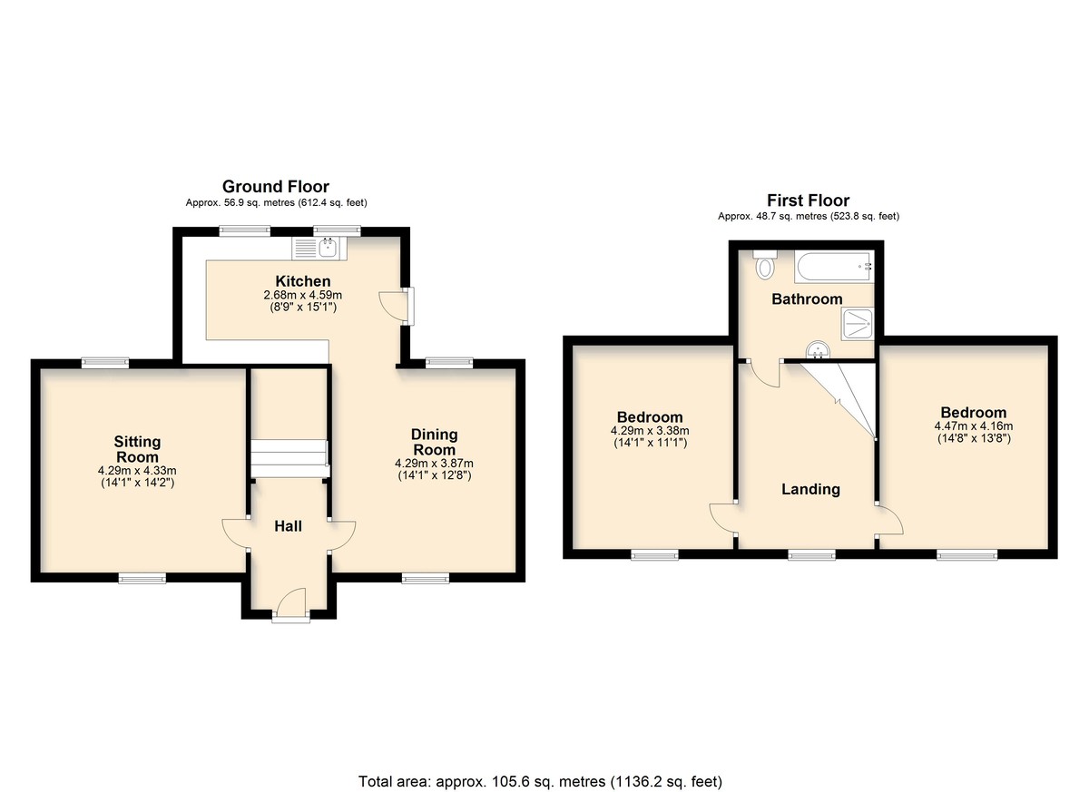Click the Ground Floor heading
coord(276,187)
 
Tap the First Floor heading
coord(808,200)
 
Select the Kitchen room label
coord(303,281)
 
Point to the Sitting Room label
coord(137,449)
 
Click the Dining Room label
coord(434,442)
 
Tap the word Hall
coord(288,526)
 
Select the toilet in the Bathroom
coord(765,264)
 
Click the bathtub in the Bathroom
coord(834,267)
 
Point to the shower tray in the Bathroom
coord(858,324)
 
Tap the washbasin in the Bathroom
coord(818,350)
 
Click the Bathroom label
coord(807,298)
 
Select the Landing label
coord(810,489)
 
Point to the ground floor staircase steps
coord(289,459)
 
